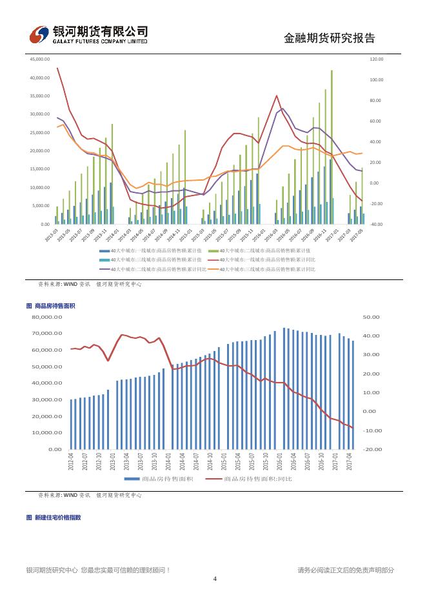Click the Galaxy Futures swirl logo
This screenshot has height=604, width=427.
(x=41, y=34)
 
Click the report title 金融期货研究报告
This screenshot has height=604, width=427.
(x=329, y=38)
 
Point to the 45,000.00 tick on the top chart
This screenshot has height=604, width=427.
(x=40, y=59)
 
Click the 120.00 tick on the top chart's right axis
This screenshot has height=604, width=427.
(x=377, y=59)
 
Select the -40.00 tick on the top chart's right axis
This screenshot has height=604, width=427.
(x=377, y=225)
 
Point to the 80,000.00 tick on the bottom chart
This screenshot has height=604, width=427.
(x=48, y=317)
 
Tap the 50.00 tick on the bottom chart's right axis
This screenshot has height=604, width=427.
(x=372, y=317)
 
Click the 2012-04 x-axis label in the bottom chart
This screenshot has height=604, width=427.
(x=72, y=461)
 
